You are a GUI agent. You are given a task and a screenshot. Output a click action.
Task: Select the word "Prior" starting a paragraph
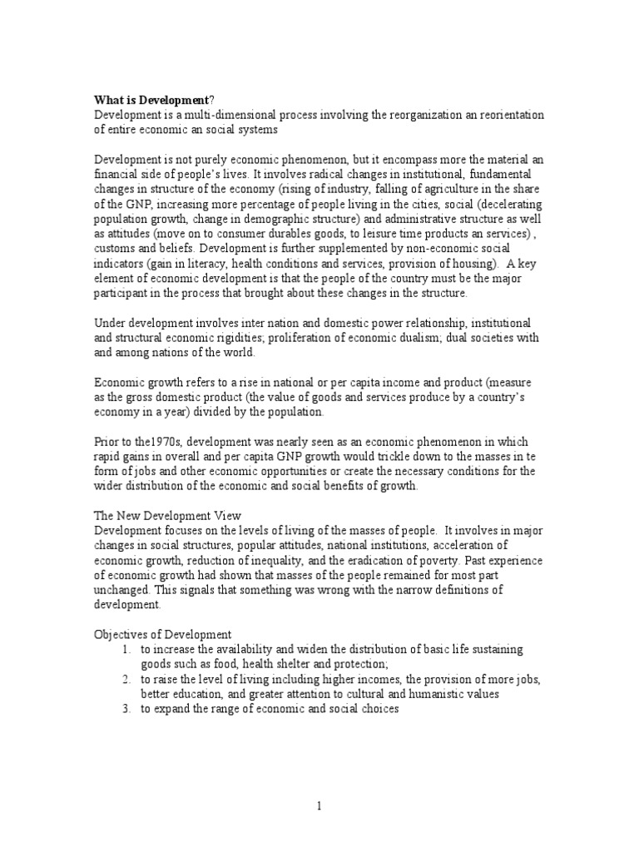pyautogui.click(x=107, y=442)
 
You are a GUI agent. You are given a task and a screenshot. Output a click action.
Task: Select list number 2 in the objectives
pyautogui.click(x=125, y=679)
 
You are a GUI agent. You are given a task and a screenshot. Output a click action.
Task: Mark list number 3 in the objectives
pyautogui.click(x=125, y=708)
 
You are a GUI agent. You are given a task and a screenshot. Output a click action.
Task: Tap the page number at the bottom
pyautogui.click(x=319, y=805)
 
